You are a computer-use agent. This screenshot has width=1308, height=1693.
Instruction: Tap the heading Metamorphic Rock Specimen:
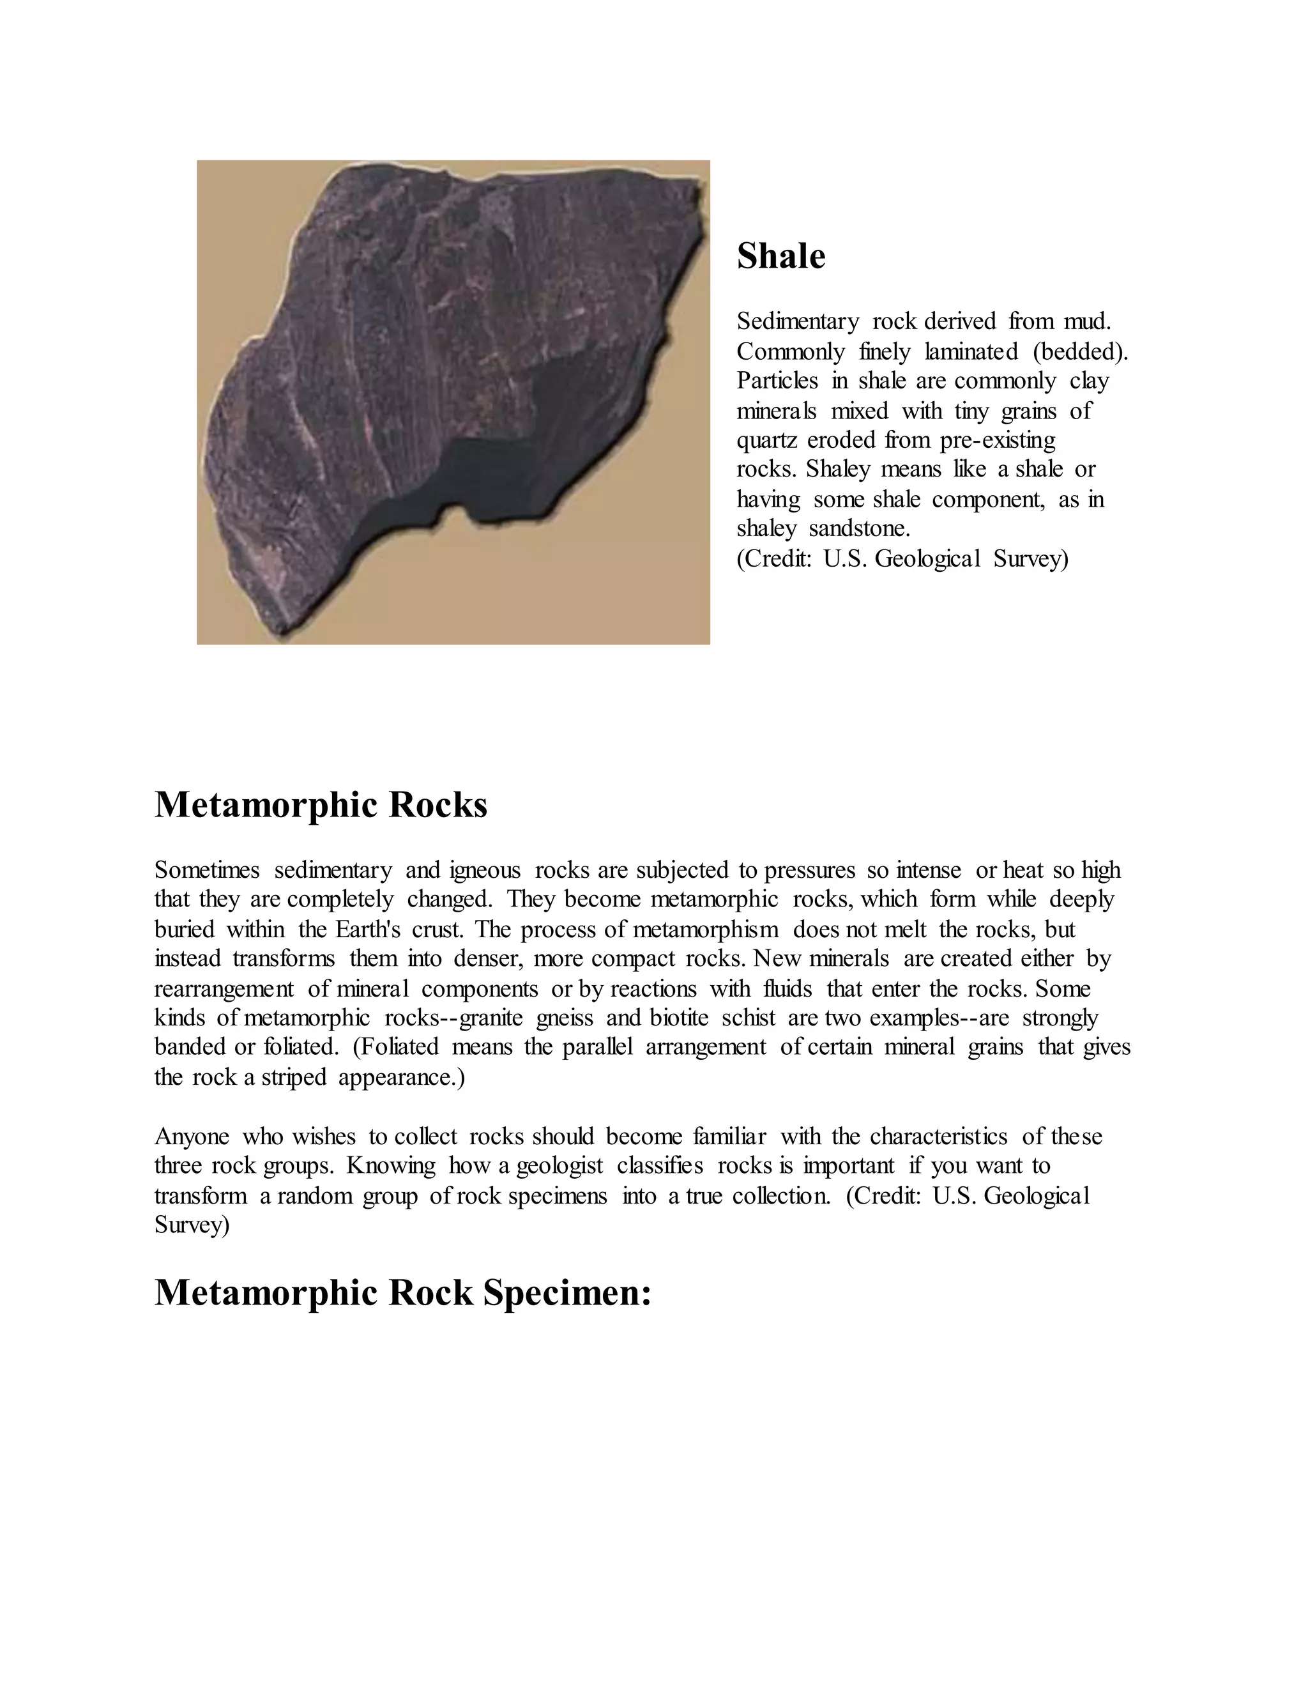(x=402, y=1292)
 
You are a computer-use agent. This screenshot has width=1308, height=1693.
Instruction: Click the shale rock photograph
(x=453, y=402)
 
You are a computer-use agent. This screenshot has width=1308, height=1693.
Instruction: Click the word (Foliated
(x=395, y=1047)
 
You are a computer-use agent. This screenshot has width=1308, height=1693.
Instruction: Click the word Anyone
(x=192, y=1137)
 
